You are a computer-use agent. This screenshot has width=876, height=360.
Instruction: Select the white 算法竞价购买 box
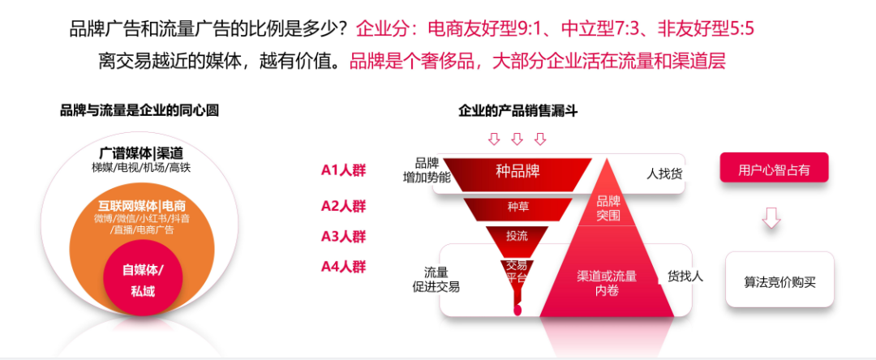click(779, 281)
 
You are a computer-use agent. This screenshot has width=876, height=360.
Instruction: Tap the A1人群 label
click(343, 170)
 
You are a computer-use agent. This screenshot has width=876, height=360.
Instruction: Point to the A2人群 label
click(343, 206)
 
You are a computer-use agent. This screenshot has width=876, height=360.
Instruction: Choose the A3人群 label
click(343, 237)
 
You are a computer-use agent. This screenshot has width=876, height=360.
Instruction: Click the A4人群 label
click(343, 266)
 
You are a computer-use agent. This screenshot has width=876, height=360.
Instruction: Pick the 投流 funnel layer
click(517, 237)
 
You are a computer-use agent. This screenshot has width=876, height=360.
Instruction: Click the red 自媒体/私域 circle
click(143, 280)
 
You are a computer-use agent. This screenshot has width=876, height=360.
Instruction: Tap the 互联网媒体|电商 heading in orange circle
click(142, 205)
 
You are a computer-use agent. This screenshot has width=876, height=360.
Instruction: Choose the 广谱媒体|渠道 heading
click(141, 152)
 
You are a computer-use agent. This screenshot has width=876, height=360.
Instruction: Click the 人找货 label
click(663, 174)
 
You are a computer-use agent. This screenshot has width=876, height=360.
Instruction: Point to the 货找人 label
click(685, 276)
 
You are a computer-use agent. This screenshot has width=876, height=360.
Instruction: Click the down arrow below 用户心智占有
click(772, 216)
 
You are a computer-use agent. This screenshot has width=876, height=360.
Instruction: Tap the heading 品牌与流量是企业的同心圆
click(140, 111)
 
